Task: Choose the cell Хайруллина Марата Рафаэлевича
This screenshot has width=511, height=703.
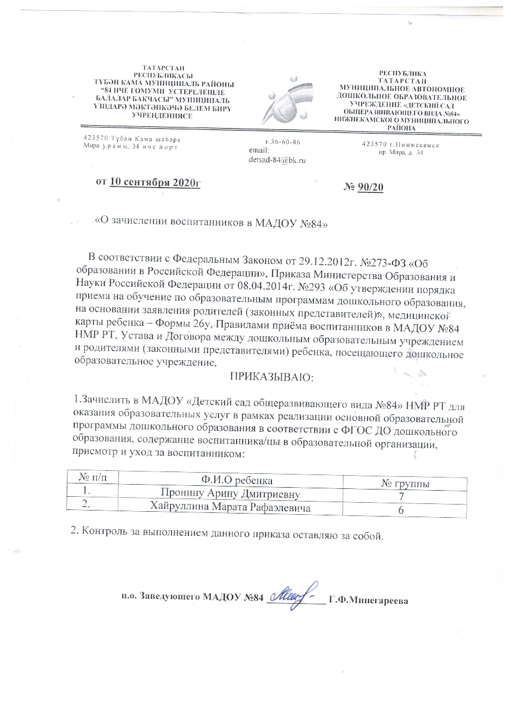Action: click(x=230, y=508)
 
